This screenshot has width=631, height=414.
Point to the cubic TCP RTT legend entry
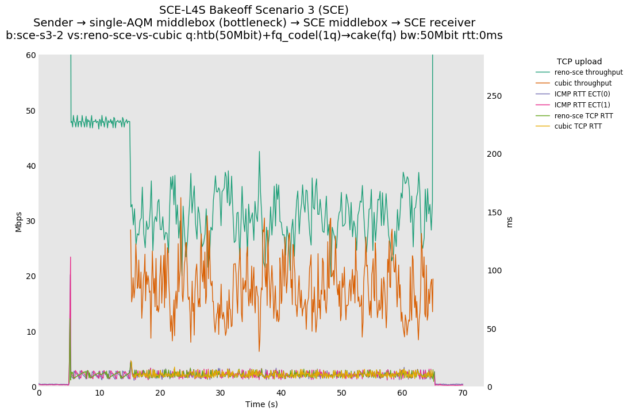point(578,126)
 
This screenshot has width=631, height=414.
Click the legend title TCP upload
point(579,61)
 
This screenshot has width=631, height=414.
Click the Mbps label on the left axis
point(18,221)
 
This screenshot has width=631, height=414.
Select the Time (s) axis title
point(261,404)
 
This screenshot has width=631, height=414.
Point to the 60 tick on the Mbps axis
point(30,55)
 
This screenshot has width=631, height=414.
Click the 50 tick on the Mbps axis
point(30,110)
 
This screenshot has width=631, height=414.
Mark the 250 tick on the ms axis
point(494,96)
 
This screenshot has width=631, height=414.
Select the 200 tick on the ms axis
point(494,154)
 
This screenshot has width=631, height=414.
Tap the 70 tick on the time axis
point(463,393)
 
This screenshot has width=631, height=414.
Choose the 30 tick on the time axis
point(220,393)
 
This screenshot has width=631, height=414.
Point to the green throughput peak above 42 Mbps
point(259,152)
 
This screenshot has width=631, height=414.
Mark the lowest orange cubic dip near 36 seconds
point(259,351)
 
